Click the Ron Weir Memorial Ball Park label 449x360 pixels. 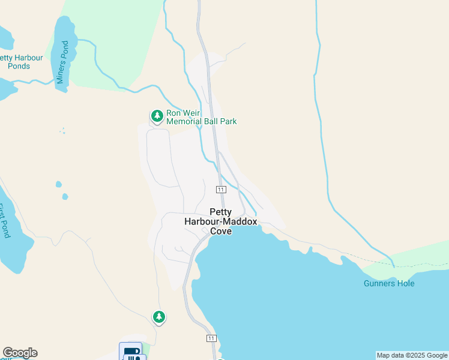point(201,117)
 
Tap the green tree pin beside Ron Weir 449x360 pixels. point(157,115)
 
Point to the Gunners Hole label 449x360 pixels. point(389,283)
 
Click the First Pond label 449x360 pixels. point(5,221)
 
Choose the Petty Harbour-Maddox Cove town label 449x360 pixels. point(220,221)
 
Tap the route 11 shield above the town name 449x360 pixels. point(221,190)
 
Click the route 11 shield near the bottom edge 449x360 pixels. point(211,338)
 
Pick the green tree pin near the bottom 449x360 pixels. point(158,316)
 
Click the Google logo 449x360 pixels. point(20,353)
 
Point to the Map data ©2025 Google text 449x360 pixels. point(412,355)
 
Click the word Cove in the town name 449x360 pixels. point(220,231)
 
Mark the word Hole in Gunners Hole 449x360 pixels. point(405,283)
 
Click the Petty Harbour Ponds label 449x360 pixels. point(20,62)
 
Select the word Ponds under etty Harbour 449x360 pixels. point(19,66)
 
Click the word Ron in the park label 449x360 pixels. point(175,112)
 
